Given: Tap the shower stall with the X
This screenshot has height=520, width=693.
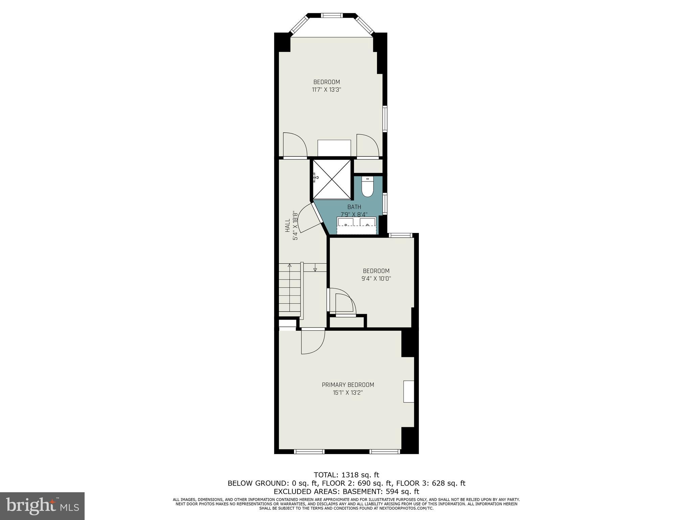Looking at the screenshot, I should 332,179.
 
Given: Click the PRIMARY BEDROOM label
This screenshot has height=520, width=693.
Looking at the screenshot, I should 348,385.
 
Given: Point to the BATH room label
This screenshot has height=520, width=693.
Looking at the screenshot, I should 354,207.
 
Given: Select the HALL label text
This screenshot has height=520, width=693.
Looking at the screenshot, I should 287,225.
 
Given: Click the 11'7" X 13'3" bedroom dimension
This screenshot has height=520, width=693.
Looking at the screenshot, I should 326,90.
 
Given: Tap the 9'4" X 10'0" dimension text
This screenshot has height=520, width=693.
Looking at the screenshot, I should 376,279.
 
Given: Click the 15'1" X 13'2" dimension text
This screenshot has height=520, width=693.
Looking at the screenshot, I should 348,393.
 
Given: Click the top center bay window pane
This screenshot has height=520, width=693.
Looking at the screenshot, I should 332,15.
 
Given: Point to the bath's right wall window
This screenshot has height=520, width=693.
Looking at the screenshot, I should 385,203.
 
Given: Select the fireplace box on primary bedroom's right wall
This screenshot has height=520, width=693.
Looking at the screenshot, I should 409,392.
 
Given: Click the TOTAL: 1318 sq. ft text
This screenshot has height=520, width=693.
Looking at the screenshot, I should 346,475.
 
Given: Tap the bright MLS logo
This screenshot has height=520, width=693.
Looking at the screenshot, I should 42,506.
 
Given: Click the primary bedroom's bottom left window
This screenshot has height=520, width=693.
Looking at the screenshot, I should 309,451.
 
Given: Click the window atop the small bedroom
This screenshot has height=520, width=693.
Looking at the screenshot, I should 400,235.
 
